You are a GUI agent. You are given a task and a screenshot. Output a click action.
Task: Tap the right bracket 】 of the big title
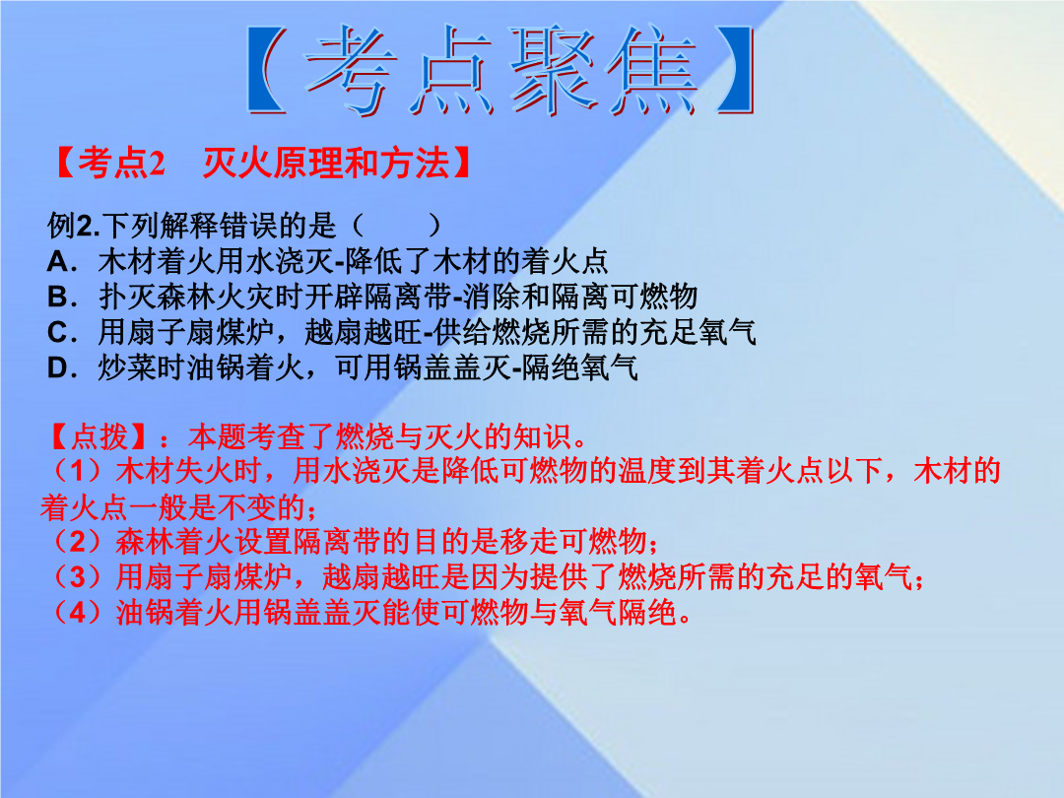tap(735, 69)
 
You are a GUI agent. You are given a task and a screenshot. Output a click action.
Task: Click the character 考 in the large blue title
tap(350, 69)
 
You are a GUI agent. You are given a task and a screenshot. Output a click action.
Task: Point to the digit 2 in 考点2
tap(156, 164)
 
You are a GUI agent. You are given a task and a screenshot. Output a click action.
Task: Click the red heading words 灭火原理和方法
tap(326, 163)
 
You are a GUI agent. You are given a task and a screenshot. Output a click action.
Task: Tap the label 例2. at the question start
tap(74, 226)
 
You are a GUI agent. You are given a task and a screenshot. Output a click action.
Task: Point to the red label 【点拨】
tap(100, 437)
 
